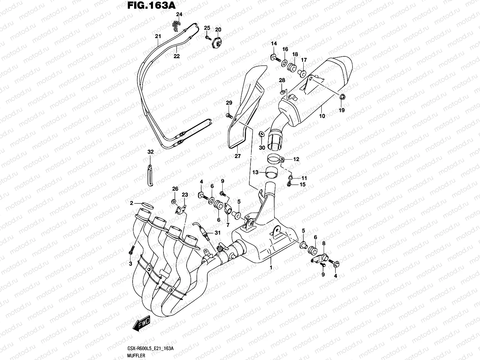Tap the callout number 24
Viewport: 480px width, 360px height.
tap(179, 14)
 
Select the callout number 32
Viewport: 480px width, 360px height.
tap(150, 152)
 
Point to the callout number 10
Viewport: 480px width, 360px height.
tap(322, 116)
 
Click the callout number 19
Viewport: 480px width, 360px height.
tap(342, 110)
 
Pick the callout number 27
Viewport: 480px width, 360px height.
tap(238, 156)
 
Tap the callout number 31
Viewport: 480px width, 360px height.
tap(217, 233)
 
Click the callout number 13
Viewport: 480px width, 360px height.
tap(255, 172)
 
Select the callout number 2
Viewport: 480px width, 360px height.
tap(131, 203)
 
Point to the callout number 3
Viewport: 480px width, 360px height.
tap(130, 264)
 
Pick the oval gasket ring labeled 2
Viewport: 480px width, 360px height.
tap(147, 205)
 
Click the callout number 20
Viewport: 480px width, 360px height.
tap(218, 30)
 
